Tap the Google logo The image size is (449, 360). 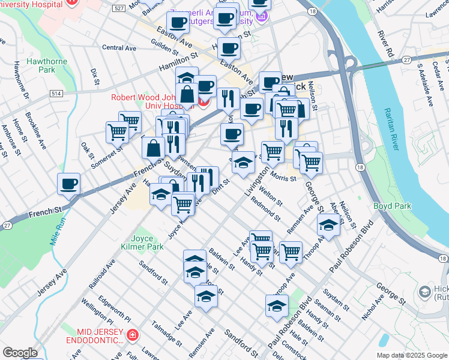pyautogui.click(x=20, y=353)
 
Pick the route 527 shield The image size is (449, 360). pyautogui.click(x=119, y=8)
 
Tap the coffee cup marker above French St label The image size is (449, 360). pyautogui.click(x=68, y=184)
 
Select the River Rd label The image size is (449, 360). pyautogui.click(x=385, y=44)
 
